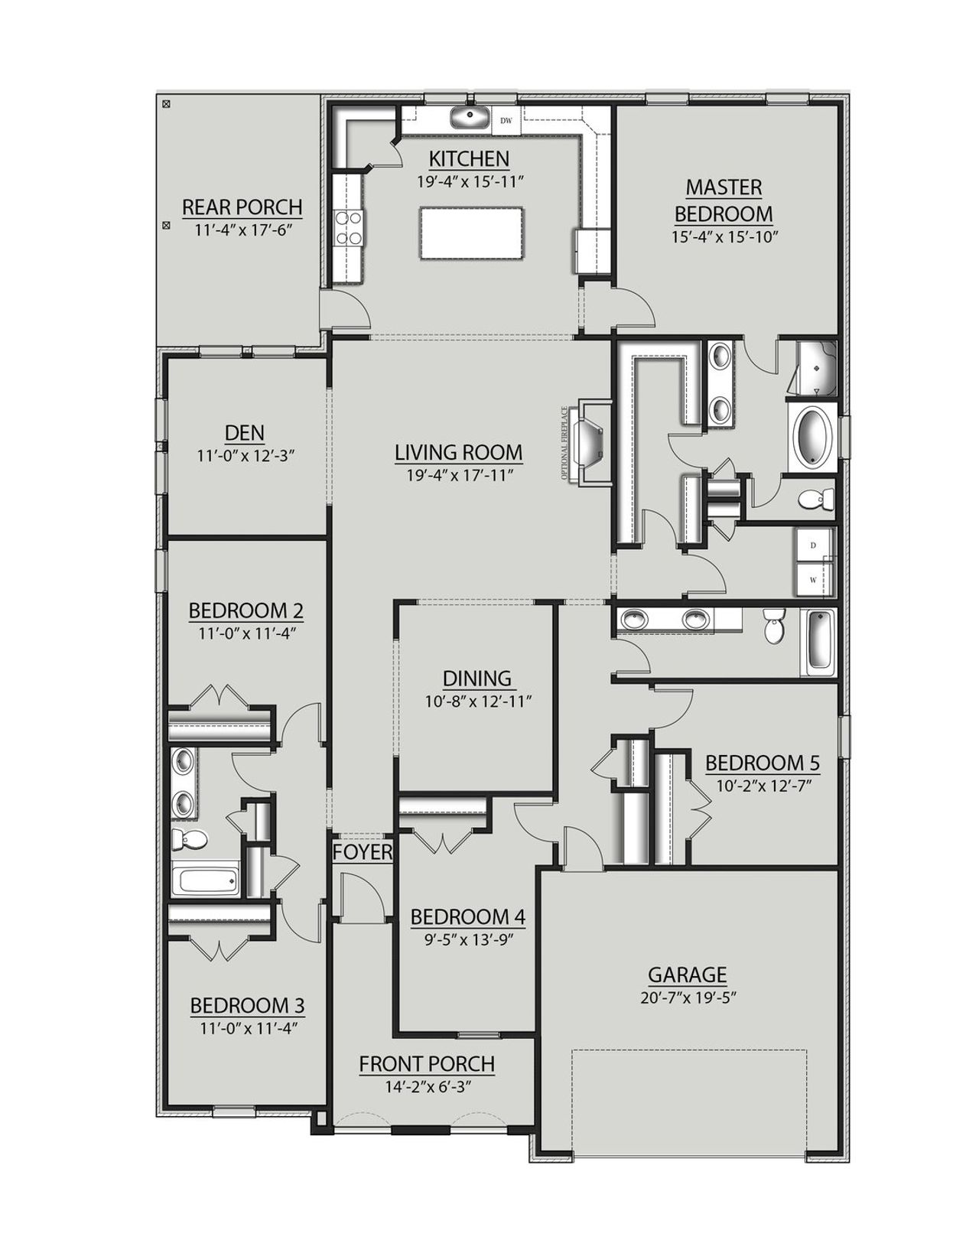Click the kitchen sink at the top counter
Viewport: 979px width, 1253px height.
(x=469, y=119)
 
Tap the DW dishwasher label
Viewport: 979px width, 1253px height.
(x=506, y=120)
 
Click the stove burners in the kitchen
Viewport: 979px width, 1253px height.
(x=349, y=228)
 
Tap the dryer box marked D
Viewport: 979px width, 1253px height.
(x=813, y=545)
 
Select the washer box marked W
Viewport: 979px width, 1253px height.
(x=813, y=580)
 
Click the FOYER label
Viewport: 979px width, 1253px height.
(x=363, y=851)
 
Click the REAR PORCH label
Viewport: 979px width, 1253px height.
(x=242, y=207)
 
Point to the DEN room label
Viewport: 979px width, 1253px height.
(x=245, y=432)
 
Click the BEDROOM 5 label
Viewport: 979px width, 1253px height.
(x=762, y=763)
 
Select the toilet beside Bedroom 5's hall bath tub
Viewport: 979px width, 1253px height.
(x=774, y=628)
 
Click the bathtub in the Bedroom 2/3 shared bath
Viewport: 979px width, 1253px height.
(x=205, y=878)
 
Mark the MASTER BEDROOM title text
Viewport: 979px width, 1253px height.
(x=724, y=200)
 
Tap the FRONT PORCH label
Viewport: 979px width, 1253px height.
(x=427, y=1063)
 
